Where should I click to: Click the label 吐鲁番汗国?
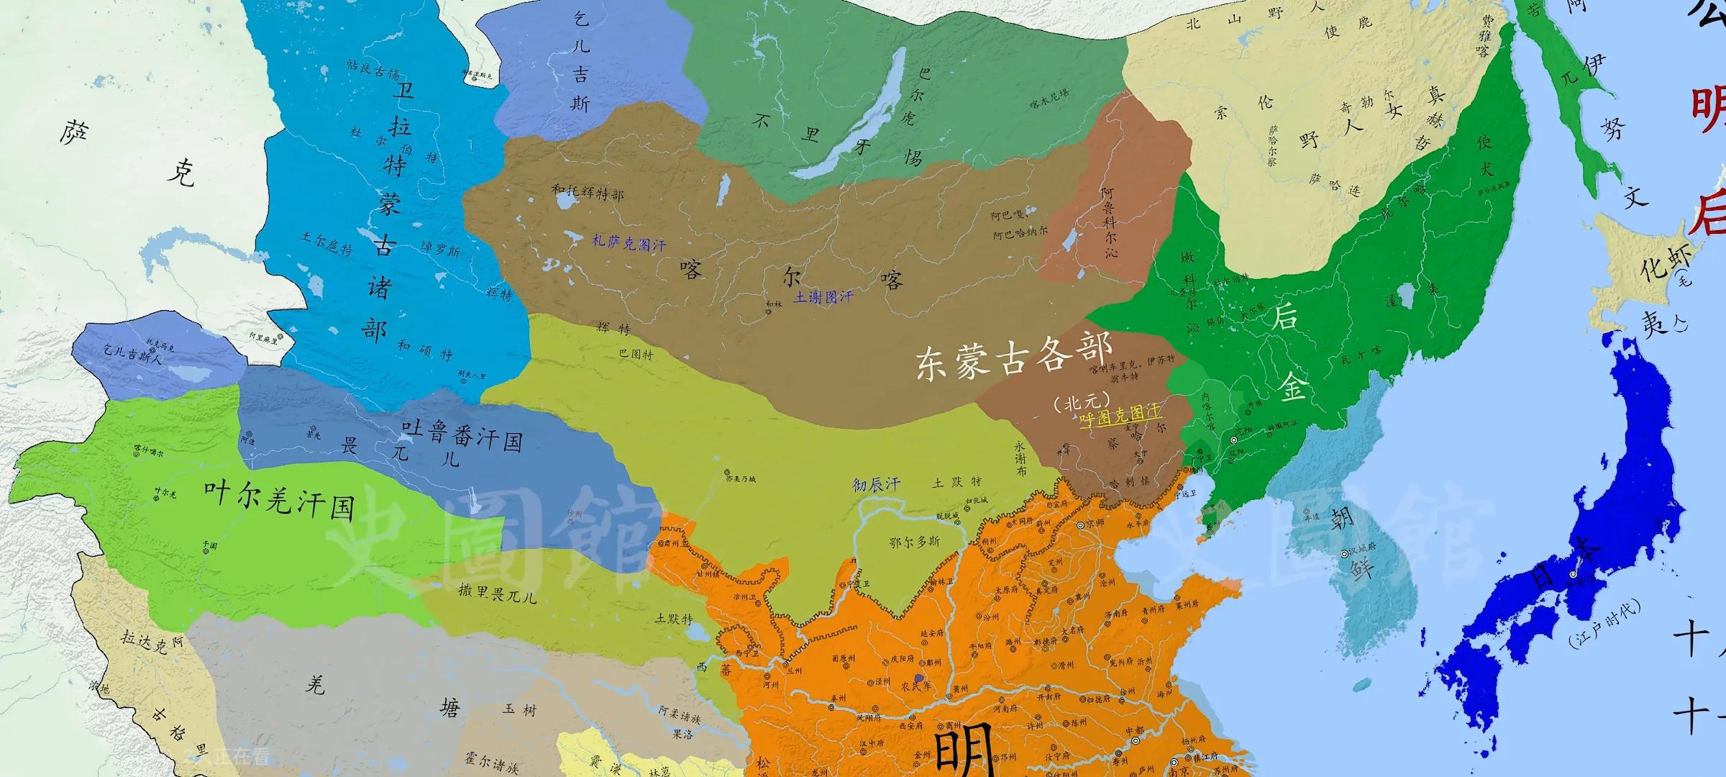pyautogui.click(x=462, y=434)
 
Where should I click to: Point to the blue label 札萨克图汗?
pyautogui.click(x=629, y=243)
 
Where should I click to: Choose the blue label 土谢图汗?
pyautogui.click(x=823, y=296)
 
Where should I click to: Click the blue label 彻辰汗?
pyautogui.click(x=876, y=484)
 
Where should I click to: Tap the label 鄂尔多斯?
pyautogui.click(x=914, y=543)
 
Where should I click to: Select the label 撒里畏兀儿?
pyautogui.click(x=497, y=594)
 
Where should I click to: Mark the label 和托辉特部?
pyautogui.click(x=588, y=194)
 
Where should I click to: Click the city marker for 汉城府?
pyautogui.click(x=1344, y=554)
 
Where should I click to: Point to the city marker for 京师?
pyautogui.click(x=1080, y=526)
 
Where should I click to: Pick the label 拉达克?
pyautogui.click(x=145, y=642)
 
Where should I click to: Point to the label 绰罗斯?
pyautogui.click(x=440, y=248)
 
